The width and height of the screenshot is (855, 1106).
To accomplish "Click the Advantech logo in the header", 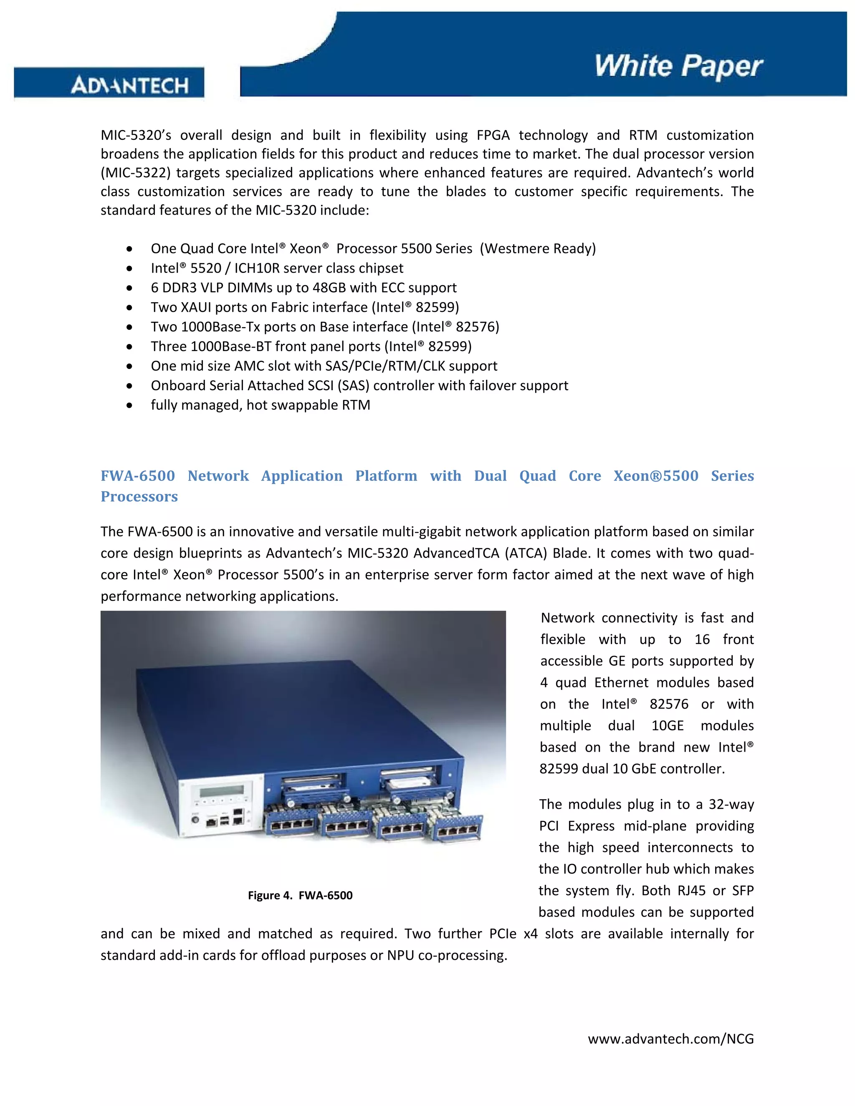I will [130, 85].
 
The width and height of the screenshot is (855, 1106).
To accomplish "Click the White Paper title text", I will [678, 66].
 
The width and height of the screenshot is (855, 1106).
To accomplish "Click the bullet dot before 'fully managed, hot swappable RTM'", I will [130, 406].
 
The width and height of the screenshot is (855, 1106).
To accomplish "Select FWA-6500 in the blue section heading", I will [137, 476].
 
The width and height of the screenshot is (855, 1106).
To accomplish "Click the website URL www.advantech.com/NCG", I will [670, 1039].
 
